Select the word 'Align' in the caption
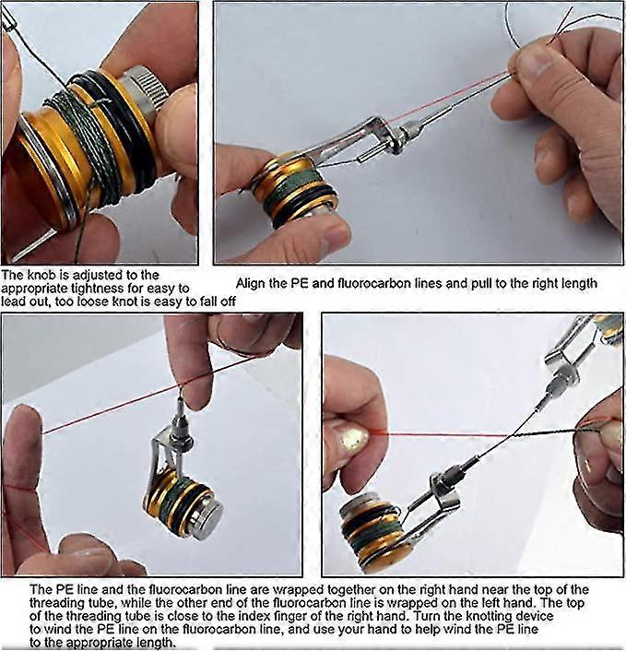(252, 284)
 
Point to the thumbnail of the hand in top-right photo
(533, 63)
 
